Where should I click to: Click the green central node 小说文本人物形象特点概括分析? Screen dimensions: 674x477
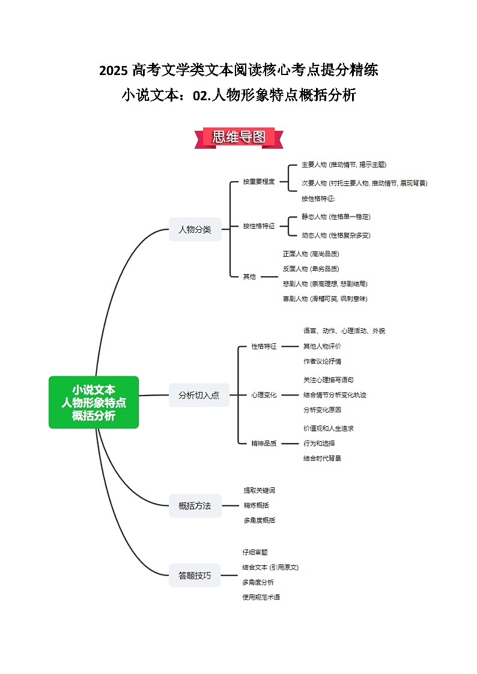tap(94, 402)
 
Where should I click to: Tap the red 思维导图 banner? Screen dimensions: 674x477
tap(239, 137)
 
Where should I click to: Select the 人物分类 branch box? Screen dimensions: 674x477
tap(195, 229)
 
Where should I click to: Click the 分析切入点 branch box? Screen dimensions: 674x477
tap(199, 395)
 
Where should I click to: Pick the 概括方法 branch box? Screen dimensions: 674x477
tap(195, 505)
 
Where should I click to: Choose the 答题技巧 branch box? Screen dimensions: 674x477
tap(195, 575)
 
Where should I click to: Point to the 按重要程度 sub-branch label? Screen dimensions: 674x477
tap(259, 181)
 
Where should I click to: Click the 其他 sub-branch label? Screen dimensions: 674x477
tap(249, 277)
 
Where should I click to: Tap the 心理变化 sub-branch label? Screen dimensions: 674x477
tap(264, 395)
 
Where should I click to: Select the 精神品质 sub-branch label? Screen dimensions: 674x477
tap(264, 444)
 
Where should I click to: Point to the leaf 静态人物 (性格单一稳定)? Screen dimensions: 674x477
tap(336, 217)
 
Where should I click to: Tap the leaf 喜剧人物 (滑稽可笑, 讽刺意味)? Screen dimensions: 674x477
tap(325, 298)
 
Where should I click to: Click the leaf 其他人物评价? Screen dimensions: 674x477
tap(323, 346)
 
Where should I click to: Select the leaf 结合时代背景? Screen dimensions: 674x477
tap(323, 459)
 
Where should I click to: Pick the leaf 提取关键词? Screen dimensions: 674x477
tap(260, 490)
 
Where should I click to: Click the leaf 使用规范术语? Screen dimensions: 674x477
tap(261, 597)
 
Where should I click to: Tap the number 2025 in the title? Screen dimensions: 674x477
tap(113, 71)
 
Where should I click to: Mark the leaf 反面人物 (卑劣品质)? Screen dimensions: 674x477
tap(311, 269)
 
